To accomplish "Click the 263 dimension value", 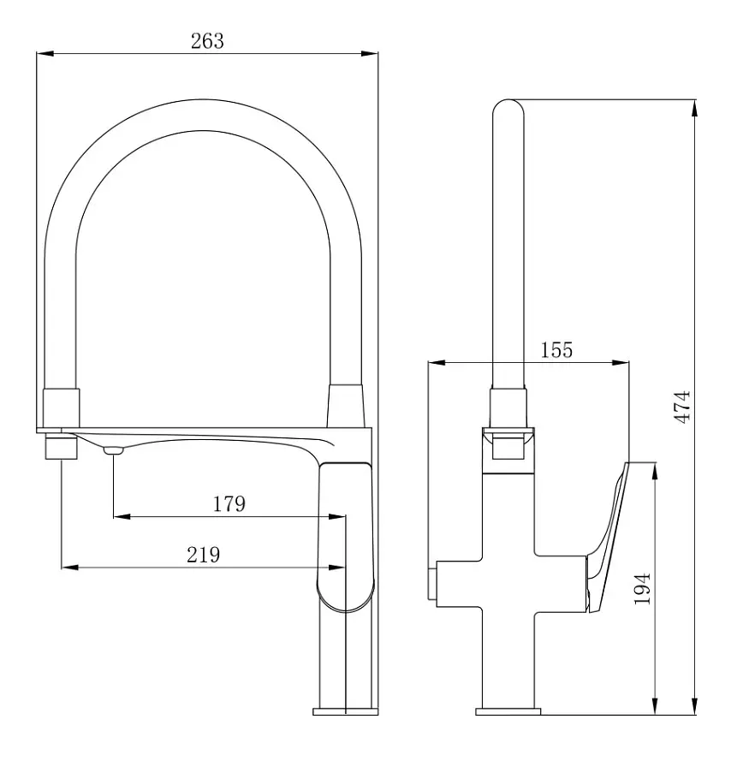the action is [x=207, y=41].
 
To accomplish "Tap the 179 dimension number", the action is [x=229, y=504].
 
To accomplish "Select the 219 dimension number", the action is [x=204, y=555].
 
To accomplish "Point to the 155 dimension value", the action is [x=556, y=350].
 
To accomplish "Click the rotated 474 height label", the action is [x=683, y=407].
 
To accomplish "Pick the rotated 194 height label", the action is [x=643, y=589].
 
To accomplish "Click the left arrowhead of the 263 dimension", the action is [x=45, y=53].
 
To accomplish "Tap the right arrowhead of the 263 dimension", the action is [x=369, y=53].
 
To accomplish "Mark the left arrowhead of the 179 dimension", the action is [x=122, y=516].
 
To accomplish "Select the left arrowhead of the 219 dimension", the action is [x=70, y=567].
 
